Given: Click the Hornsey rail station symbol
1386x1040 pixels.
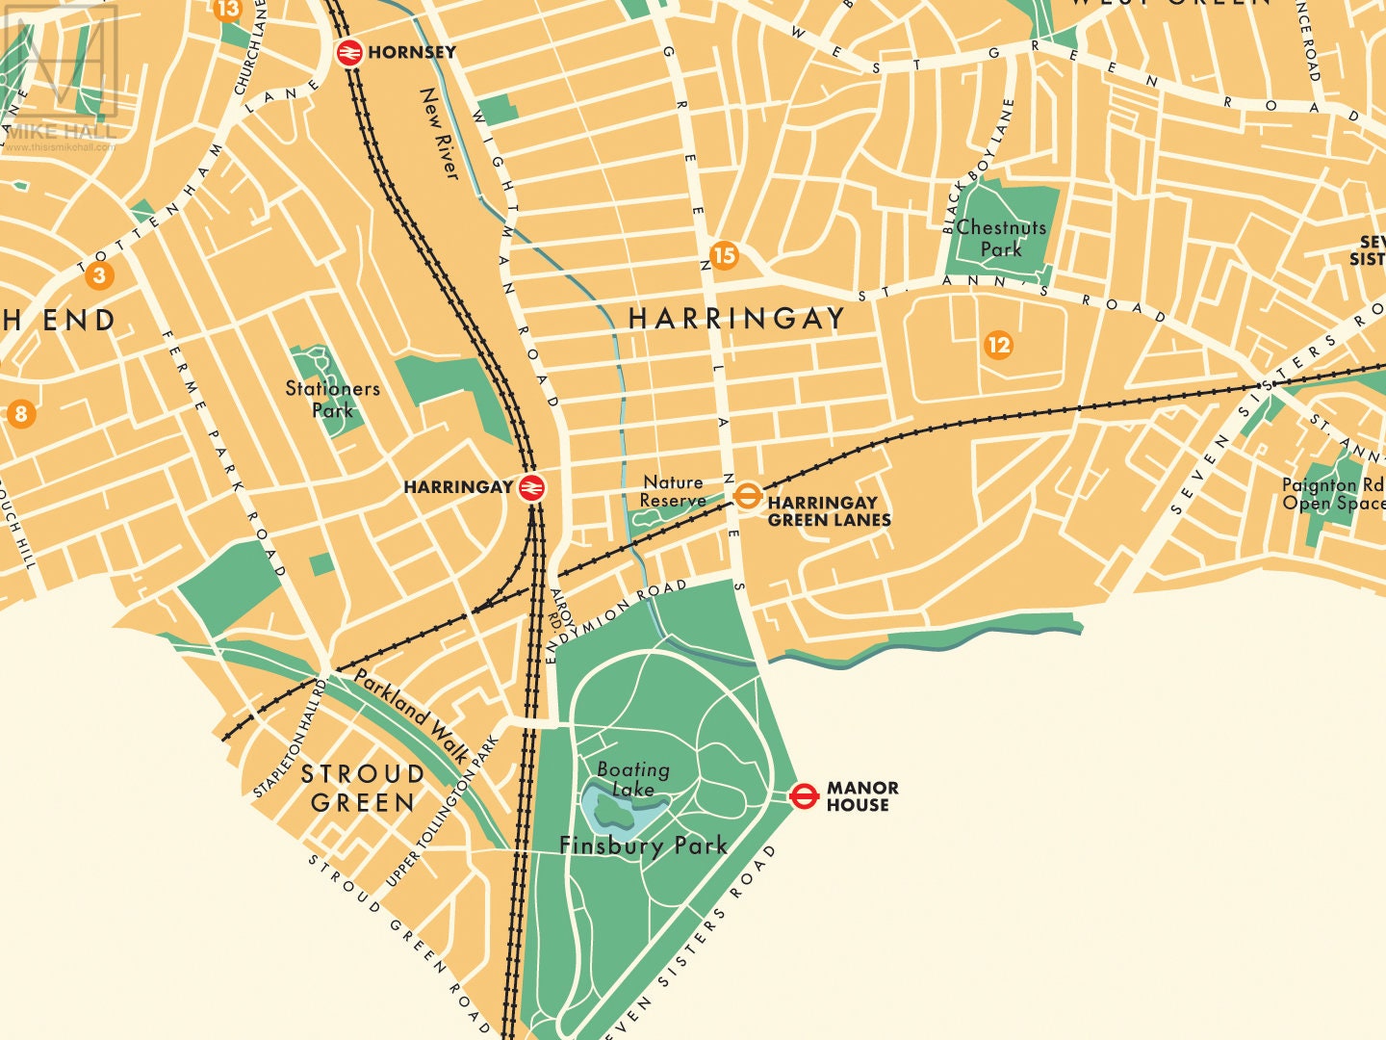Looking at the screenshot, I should pos(349,51).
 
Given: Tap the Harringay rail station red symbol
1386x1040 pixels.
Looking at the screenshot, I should pos(531,487).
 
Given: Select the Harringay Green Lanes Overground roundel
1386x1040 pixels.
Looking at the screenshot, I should pos(747,496).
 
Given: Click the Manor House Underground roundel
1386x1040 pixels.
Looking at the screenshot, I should pos(804,795).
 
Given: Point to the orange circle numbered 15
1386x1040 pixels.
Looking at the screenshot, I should pos(724,255).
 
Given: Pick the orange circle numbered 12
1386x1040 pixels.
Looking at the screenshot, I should pos(999,345).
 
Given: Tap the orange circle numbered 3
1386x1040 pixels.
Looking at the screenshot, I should pos(98,276).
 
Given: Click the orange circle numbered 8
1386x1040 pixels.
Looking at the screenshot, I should pos(20,415).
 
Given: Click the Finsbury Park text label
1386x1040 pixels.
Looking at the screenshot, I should pos(643,846).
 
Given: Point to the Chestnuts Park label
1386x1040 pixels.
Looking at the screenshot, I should pos(1001,238).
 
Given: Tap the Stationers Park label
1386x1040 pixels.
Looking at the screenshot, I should pos(332,399).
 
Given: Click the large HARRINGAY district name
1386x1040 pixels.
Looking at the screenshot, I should pos(736,319).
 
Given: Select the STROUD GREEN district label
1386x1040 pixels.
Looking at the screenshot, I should pos(363,788).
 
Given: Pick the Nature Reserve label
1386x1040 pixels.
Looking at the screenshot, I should pos(673,491).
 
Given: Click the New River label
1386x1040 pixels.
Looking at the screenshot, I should pos(440,133).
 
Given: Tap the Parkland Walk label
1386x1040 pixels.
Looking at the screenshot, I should pos(409,715).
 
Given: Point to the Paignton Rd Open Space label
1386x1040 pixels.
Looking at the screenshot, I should pos(1332,494).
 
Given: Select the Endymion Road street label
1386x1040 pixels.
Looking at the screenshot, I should pos(616,619).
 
